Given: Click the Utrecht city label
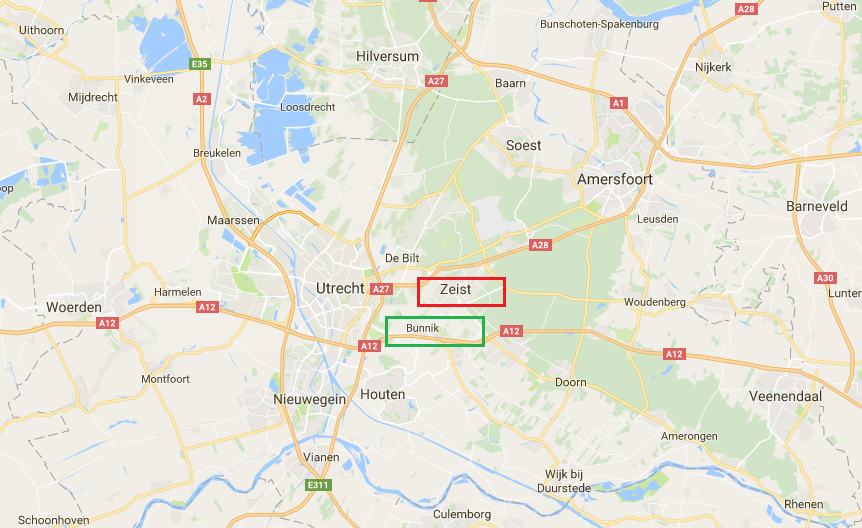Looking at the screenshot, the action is pyautogui.click(x=340, y=288).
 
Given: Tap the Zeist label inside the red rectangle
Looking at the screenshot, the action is pyautogui.click(x=455, y=289).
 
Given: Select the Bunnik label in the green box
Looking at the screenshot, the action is pyautogui.click(x=422, y=328).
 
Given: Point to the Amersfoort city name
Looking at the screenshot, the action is pyautogui.click(x=615, y=179).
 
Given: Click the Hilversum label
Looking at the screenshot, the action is pyautogui.click(x=387, y=57).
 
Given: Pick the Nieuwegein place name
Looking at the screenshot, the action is pyautogui.click(x=309, y=399).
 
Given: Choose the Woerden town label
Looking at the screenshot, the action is pyautogui.click(x=74, y=306).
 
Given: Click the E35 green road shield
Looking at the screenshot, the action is pyautogui.click(x=199, y=64).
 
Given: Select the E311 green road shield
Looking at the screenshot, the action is pyautogui.click(x=317, y=484).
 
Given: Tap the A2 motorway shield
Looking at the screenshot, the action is pyautogui.click(x=203, y=98).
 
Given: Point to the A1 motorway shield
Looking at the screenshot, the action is pyautogui.click(x=618, y=103).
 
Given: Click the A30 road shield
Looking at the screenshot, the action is pyautogui.click(x=825, y=278).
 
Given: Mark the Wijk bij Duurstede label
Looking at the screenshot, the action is pyautogui.click(x=570, y=480).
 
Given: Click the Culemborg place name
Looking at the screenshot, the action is pyautogui.click(x=462, y=514).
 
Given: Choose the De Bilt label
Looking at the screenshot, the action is pyautogui.click(x=401, y=258).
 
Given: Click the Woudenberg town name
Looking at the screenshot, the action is pyautogui.click(x=654, y=302).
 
